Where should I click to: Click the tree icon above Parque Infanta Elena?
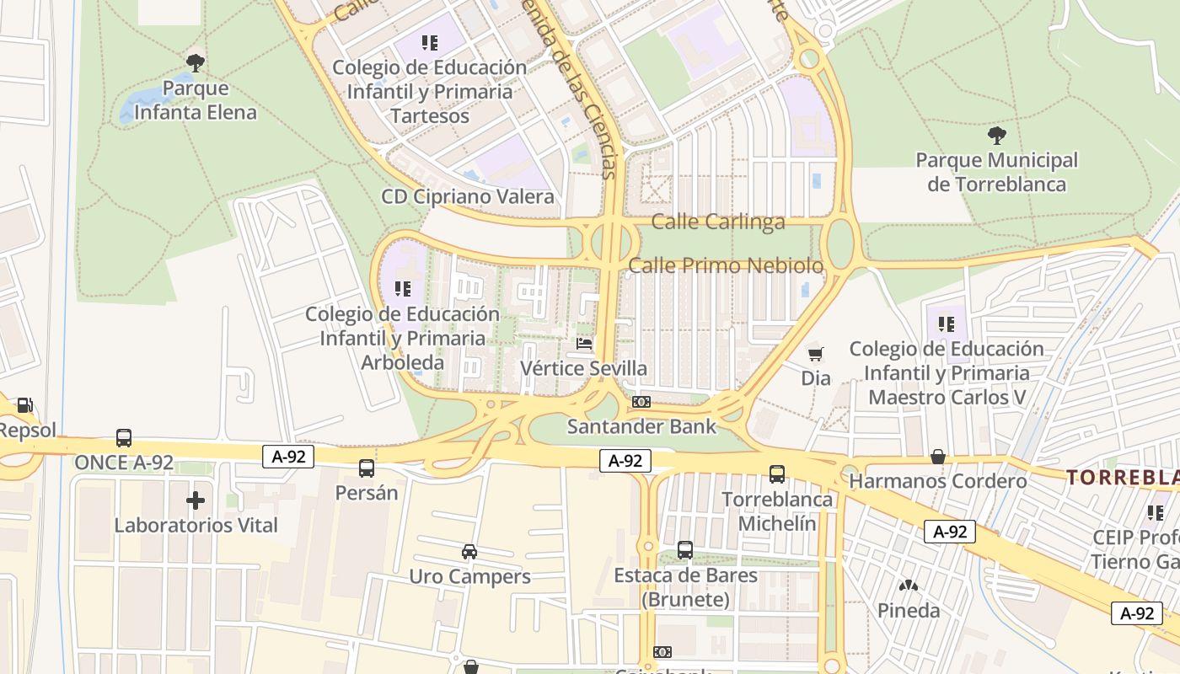196,62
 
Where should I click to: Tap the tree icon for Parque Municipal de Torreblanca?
996,134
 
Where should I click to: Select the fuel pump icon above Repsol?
24,405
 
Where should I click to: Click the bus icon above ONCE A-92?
124,438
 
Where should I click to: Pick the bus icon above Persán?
366,468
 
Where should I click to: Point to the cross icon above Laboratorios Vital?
196,500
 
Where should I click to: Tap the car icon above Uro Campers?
469,552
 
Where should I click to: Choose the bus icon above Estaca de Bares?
685,550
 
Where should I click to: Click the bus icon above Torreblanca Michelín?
777,474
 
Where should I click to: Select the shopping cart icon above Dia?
815,354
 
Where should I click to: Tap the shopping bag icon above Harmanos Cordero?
938,457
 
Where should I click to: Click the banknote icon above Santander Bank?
641,402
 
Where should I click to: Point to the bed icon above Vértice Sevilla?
583,343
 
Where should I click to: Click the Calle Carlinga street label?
718,222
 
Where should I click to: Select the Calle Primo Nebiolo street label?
726,265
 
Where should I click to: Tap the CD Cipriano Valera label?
468,197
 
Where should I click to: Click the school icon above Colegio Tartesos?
430,42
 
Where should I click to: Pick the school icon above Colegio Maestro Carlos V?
946,324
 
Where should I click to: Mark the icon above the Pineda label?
909,586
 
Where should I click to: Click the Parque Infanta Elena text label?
196,99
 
